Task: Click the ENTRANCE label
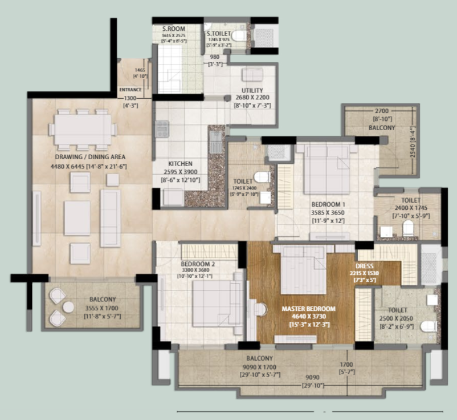pyautogui.click(x=131, y=90)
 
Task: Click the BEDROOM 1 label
pyautogui.click(x=329, y=204)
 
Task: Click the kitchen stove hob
pyautogui.click(x=162, y=129)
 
